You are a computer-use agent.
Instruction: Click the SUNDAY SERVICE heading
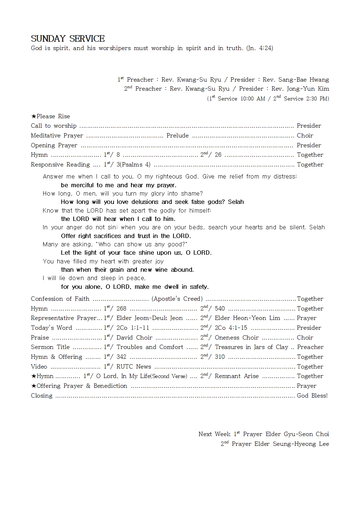point(67,39)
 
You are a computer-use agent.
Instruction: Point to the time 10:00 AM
point(253,99)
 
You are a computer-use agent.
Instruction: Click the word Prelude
point(177,136)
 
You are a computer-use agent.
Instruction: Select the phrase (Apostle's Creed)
point(177,299)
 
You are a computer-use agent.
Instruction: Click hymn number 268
point(121,309)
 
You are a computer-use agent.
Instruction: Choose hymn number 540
point(220,309)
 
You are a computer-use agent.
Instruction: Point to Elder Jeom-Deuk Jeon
point(150,318)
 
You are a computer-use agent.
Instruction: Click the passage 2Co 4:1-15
point(231,328)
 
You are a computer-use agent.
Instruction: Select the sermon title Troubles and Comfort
point(150,347)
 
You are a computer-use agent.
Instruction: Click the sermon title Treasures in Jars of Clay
point(251,347)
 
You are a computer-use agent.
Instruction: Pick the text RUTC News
point(134,367)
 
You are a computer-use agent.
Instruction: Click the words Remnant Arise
point(237,376)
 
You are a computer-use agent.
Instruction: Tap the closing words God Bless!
point(312,396)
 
